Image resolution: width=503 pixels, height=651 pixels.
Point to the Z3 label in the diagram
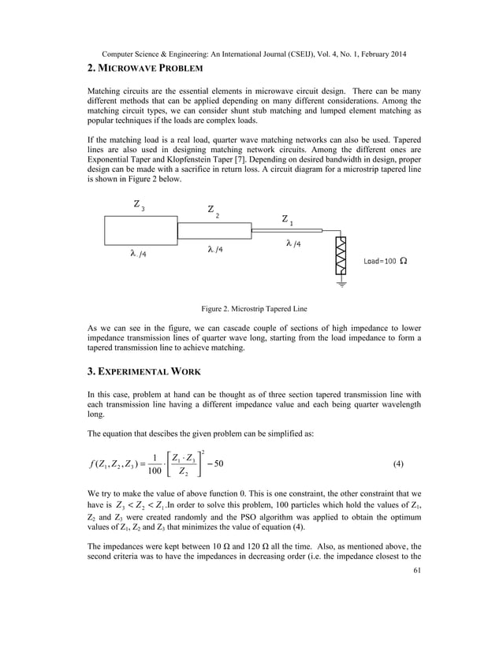pos(139,206)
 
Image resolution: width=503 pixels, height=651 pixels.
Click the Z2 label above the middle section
pos(214,211)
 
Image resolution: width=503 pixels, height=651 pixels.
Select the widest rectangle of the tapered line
pos(140,231)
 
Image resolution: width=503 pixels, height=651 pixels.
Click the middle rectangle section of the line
pos(214,231)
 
